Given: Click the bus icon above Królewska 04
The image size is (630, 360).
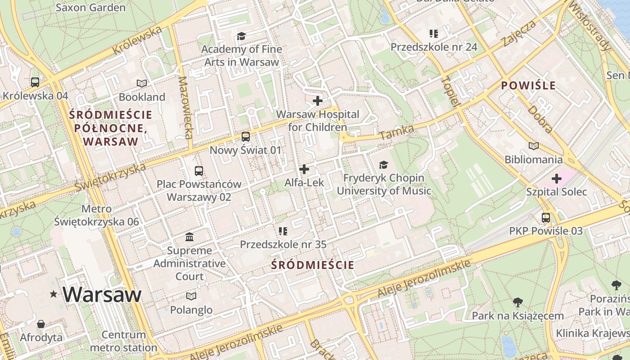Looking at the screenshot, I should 35,82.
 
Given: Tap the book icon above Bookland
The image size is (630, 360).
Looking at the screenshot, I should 142,83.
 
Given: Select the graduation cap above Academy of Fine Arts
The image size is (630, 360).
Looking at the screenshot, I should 242,36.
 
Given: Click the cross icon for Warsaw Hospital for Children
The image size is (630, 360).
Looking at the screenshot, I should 318,101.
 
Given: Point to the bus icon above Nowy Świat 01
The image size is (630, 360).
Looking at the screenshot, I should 246,137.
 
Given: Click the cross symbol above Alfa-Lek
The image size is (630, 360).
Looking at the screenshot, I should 304,169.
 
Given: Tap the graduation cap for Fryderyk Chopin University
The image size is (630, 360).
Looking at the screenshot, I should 383,165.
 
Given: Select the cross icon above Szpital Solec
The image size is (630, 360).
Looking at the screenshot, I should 557,179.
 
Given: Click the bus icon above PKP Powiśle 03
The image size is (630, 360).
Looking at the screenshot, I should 546,218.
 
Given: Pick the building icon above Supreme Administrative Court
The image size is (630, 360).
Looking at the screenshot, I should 189,237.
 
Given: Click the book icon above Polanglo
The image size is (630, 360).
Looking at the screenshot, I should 191,296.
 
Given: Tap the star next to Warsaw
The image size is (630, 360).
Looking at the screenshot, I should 54,294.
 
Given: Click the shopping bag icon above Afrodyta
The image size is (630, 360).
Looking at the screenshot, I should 41,324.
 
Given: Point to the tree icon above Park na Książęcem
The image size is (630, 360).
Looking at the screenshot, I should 517,302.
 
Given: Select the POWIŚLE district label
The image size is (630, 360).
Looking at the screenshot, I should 528,85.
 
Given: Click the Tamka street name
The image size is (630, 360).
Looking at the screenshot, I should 396,132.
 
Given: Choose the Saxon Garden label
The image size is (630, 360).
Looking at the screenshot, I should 90,8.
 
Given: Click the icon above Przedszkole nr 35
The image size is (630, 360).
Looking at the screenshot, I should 283,231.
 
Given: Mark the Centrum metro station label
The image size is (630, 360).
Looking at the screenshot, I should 124,341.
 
